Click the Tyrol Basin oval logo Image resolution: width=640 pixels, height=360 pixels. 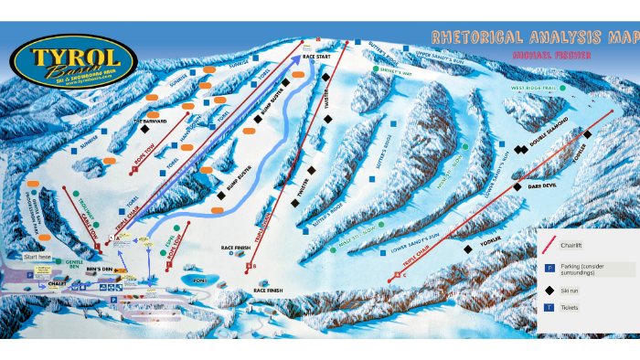(74, 63)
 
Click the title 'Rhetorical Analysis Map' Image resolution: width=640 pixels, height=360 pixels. (535, 37)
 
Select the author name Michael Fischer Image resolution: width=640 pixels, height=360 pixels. (547, 57)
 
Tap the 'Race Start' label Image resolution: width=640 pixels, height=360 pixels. (315, 57)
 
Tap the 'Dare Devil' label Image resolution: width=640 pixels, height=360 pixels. (543, 186)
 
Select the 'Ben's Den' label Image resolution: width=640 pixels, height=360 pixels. (99, 270)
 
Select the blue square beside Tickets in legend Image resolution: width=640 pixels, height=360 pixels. (549, 308)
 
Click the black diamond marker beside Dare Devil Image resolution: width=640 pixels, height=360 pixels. (517, 186)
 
